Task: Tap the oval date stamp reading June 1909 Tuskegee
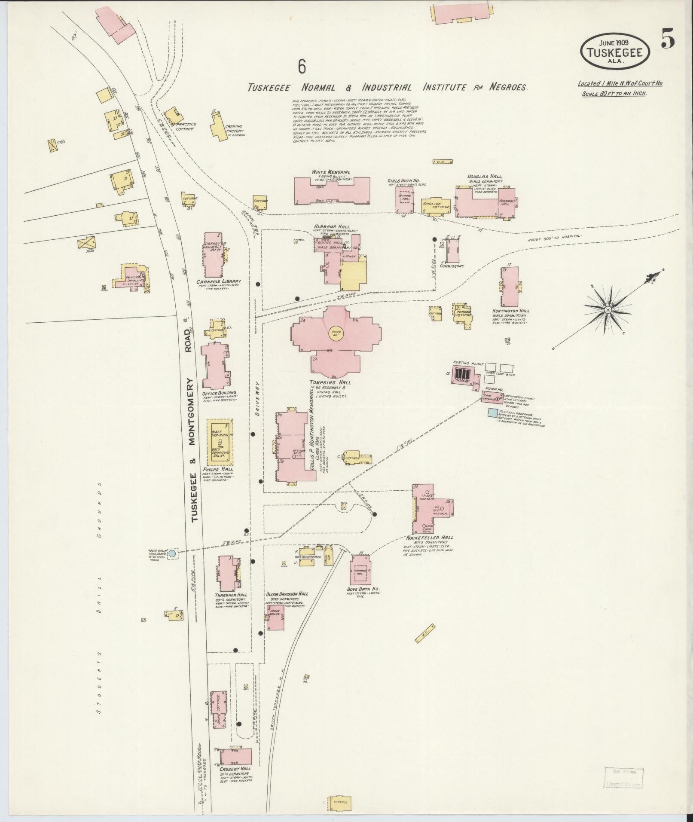click(x=615, y=51)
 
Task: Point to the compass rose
click(x=608, y=309)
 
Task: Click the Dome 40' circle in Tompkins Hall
click(x=336, y=333)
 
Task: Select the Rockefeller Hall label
click(x=433, y=538)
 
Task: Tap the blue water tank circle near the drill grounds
click(x=172, y=553)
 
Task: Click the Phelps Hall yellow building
click(x=220, y=441)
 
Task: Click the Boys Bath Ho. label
click(x=363, y=589)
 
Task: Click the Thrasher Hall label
click(x=231, y=595)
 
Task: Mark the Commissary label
click(x=452, y=266)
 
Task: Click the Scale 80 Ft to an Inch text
click(x=614, y=93)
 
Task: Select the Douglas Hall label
click(x=485, y=177)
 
